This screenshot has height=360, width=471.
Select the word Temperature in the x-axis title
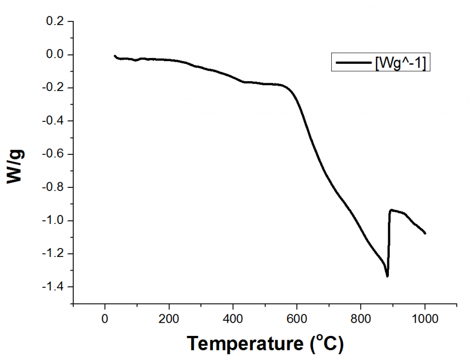pos(244,343)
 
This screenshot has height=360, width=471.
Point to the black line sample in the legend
pos(353,62)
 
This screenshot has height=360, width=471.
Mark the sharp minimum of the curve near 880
pos(387,276)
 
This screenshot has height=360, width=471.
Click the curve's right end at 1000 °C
pos(425,233)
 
